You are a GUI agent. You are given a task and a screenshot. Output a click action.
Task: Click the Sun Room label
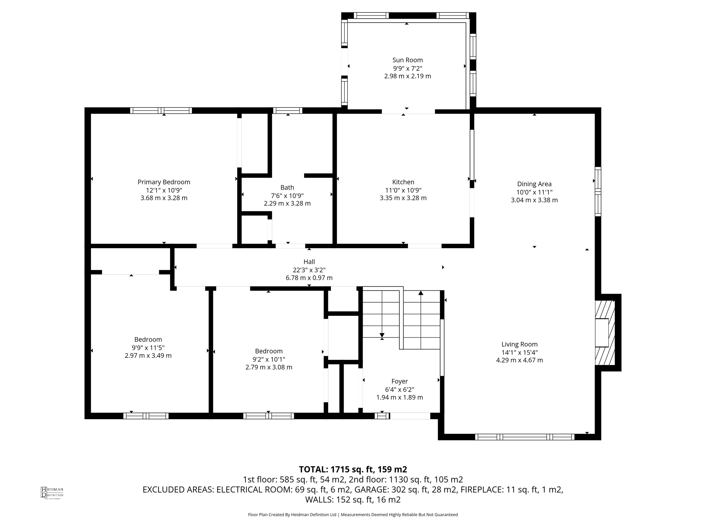[407, 60]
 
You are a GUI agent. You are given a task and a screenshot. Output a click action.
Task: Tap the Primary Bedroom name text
[164, 182]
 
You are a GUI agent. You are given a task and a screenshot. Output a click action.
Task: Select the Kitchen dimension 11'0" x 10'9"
[403, 190]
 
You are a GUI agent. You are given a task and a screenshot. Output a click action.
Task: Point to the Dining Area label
[534, 184]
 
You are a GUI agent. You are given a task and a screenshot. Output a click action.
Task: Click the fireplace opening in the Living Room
[602, 333]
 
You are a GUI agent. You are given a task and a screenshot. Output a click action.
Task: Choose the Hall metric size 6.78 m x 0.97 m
[309, 278]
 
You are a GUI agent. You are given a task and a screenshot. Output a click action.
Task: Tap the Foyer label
[400, 381]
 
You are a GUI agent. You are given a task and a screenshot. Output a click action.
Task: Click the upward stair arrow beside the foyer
[421, 293]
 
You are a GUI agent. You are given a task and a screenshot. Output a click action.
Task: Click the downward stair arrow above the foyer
[382, 335]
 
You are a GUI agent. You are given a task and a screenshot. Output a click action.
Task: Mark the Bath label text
[287, 187]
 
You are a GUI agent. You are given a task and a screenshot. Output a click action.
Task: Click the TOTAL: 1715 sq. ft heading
[353, 469]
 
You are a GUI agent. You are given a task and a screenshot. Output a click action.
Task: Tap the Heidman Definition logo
[52, 492]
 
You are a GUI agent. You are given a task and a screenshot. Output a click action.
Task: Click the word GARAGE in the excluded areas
[370, 490]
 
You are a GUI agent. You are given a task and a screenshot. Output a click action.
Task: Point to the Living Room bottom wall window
[525, 437]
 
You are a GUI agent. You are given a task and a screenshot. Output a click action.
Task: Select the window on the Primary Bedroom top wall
[161, 111]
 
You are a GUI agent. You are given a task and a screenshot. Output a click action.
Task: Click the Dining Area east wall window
[598, 191]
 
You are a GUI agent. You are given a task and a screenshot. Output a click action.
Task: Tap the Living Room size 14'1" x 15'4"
[519, 352]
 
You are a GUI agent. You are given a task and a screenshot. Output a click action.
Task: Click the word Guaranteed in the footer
[445, 515]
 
